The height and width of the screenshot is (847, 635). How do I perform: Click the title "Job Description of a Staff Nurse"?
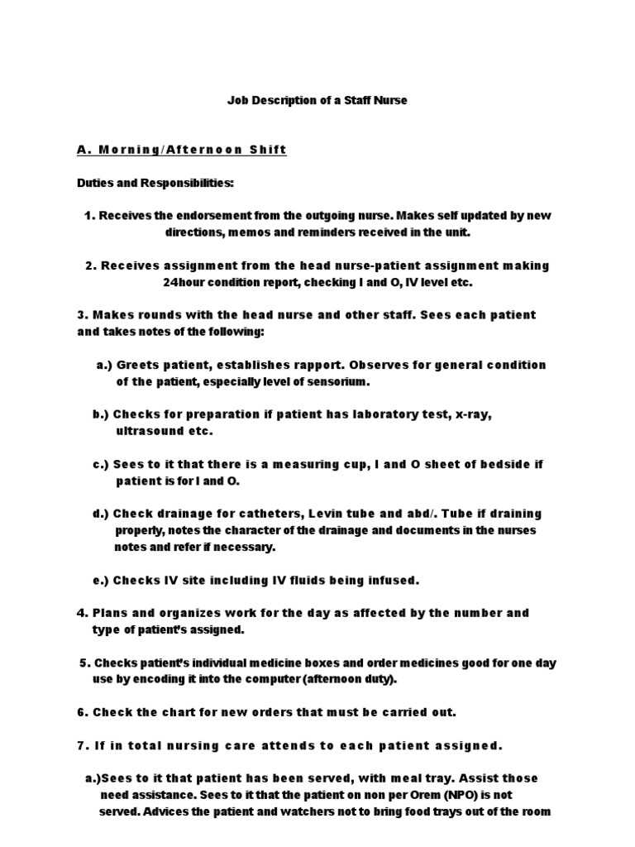click(x=317, y=100)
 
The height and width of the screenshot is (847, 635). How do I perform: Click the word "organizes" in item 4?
click(x=179, y=613)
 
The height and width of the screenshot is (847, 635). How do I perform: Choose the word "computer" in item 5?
click(x=273, y=680)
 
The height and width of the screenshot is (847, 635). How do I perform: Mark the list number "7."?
click(x=82, y=745)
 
